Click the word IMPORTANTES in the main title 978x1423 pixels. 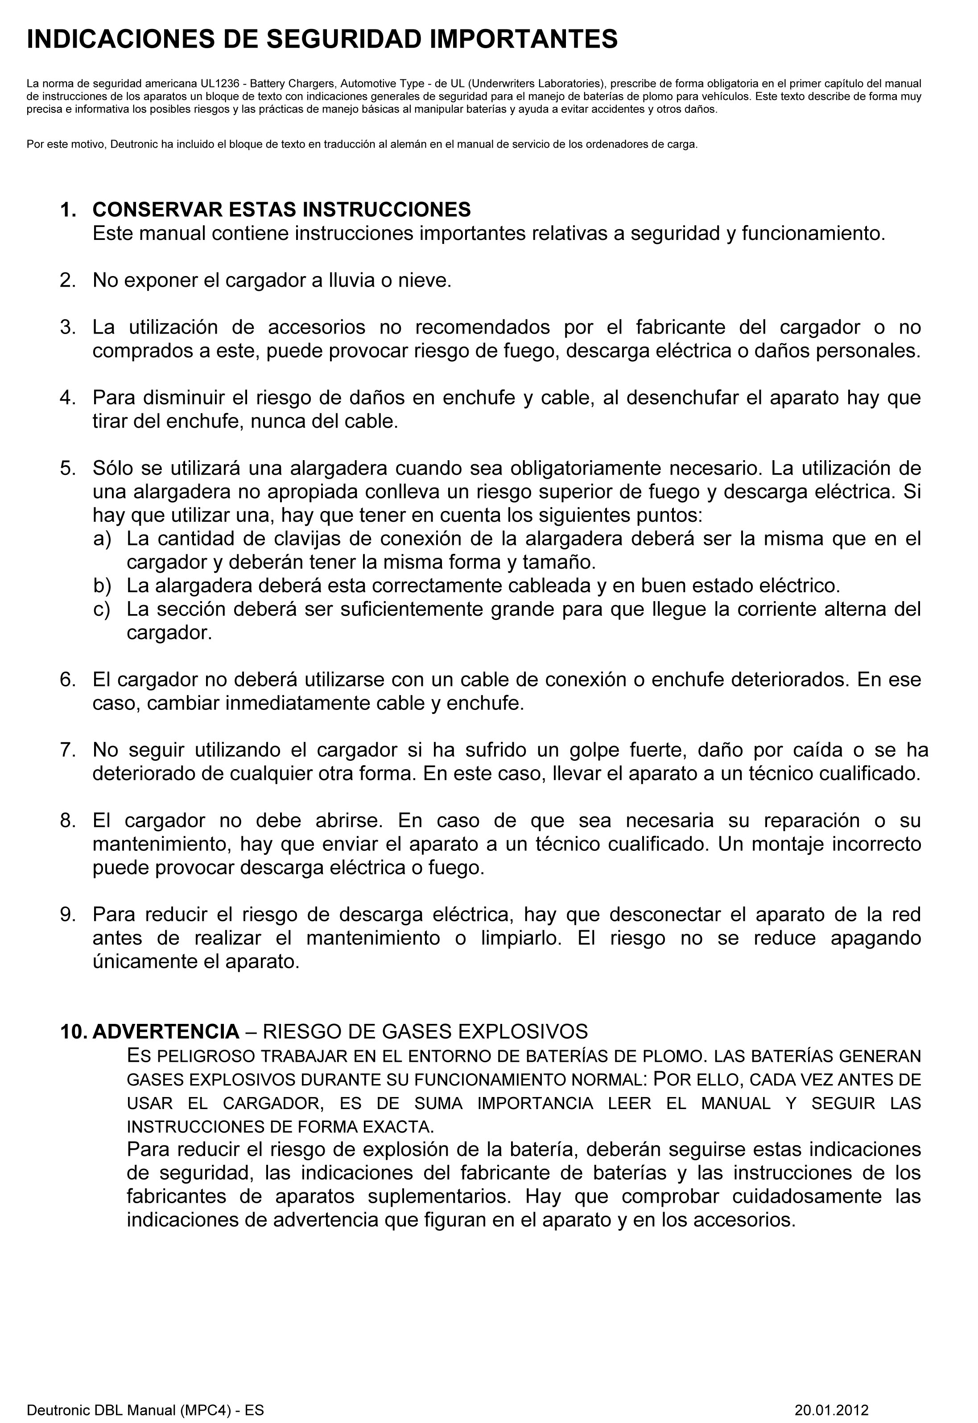[523, 39]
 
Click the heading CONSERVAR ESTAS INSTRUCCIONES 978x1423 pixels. [281, 210]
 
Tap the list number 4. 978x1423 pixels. [67, 398]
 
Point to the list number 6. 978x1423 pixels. [67, 679]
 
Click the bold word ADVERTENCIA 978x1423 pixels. [165, 1032]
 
